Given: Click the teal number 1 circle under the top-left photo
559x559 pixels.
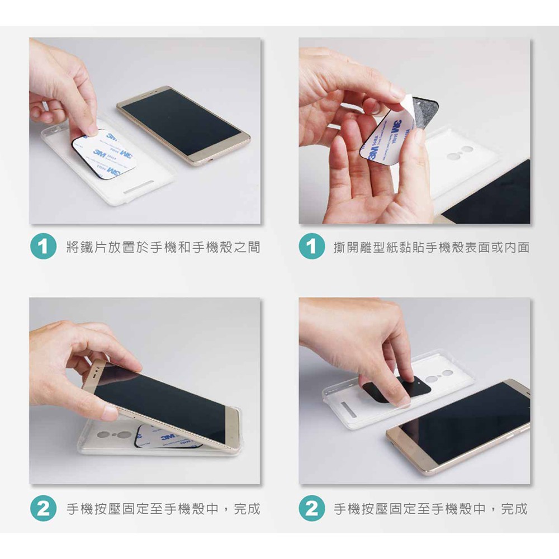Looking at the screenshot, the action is click(x=43, y=246).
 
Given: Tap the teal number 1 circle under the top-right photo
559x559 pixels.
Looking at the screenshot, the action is click(x=311, y=246).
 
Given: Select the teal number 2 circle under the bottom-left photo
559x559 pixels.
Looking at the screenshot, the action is click(x=43, y=508).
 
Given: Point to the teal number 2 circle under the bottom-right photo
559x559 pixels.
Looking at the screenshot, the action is click(x=311, y=508).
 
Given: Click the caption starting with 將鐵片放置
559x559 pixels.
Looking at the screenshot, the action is click(x=163, y=247).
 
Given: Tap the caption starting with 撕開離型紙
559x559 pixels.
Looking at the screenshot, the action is click(x=432, y=247).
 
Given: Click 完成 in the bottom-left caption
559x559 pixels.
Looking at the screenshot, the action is click(x=247, y=509).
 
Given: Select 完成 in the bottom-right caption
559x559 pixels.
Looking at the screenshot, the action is click(x=514, y=509).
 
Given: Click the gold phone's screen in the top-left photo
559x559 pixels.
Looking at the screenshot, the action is click(x=181, y=121).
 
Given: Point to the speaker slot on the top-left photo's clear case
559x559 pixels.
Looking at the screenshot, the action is click(x=139, y=187).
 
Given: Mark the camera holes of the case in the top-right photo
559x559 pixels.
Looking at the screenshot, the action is click(x=459, y=152).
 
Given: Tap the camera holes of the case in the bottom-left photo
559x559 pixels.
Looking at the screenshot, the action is click(x=115, y=434).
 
